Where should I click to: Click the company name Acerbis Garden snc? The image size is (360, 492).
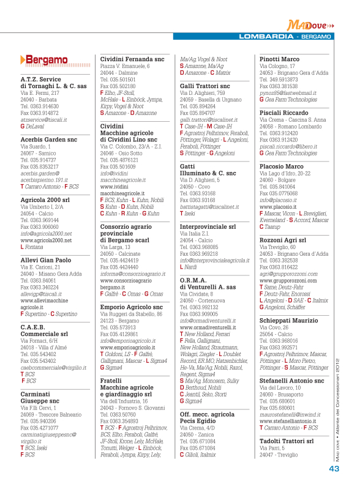click(x=48, y=139)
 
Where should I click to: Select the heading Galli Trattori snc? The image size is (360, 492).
click(x=204, y=86)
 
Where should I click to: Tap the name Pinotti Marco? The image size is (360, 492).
click(x=280, y=59)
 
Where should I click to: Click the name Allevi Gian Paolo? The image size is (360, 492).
click(x=47, y=259)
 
